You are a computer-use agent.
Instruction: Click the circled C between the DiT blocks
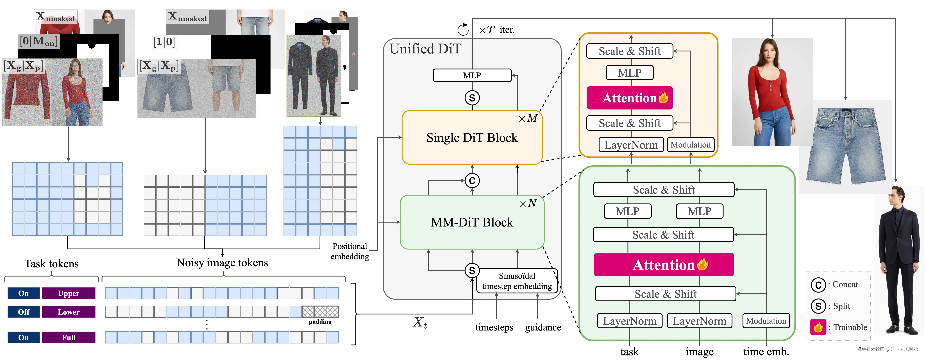(x=472, y=180)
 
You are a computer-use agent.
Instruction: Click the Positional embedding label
(x=350, y=251)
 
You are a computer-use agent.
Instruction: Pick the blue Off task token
(x=23, y=312)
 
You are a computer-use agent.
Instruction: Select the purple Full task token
(x=69, y=337)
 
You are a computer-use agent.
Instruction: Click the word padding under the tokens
(x=320, y=321)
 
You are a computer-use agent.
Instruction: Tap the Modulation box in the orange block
(x=691, y=145)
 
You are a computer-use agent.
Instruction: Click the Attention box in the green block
(x=664, y=265)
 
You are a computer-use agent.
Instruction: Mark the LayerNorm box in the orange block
(x=631, y=145)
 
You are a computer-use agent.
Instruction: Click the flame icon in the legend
(x=818, y=327)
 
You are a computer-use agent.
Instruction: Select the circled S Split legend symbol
(x=818, y=306)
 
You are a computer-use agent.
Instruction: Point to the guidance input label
(x=543, y=327)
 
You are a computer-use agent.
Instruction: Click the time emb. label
(x=766, y=351)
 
